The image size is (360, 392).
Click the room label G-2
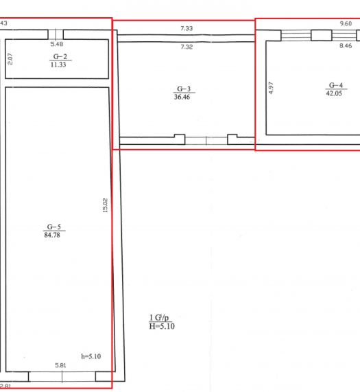click(60, 56)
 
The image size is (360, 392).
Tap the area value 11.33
click(58, 65)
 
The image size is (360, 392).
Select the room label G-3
click(184, 89)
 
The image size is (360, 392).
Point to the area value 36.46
click(182, 97)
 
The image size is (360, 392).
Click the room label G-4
click(336, 85)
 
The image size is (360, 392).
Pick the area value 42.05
click(334, 93)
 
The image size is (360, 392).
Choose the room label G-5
click(54, 227)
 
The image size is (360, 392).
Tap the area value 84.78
click(52, 235)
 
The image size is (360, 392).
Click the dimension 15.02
click(105, 205)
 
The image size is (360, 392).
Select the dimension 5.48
click(57, 44)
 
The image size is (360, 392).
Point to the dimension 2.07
click(10, 59)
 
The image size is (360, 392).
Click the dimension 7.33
click(187, 29)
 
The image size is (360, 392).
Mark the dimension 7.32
click(187, 47)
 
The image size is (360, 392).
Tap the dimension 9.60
click(346, 23)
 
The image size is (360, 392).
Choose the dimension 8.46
click(346, 46)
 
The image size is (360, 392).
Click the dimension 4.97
click(271, 88)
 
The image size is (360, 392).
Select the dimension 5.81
click(60, 365)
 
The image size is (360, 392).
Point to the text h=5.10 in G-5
click(91, 356)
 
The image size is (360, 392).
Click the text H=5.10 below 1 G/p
click(162, 326)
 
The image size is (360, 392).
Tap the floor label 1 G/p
click(159, 318)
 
